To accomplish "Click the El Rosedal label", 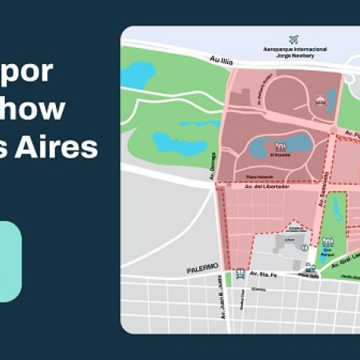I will coord(280,156).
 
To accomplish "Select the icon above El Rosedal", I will coord(280,146).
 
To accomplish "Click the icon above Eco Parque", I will coord(328,241).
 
